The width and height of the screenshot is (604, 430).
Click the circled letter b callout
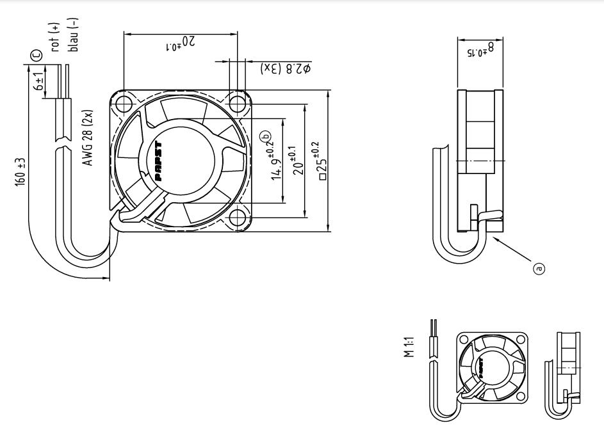click(x=264, y=135)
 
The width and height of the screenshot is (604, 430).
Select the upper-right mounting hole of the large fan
click(x=239, y=103)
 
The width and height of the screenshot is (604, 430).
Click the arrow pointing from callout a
click(x=512, y=250)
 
